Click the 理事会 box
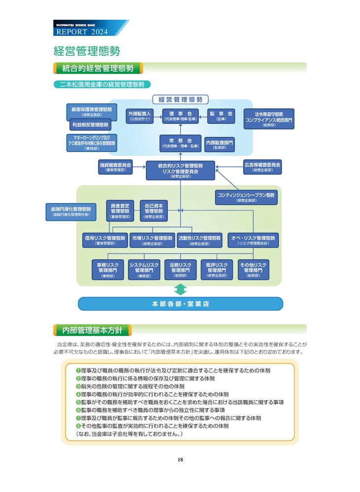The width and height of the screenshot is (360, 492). [180, 116]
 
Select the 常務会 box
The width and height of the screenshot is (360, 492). [180, 143]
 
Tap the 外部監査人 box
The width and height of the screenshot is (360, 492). [139, 116]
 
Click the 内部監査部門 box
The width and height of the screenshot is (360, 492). [220, 143]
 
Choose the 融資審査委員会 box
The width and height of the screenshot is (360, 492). [115, 167]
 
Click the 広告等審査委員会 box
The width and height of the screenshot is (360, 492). [262, 167]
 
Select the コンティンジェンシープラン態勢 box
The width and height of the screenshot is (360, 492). [246, 197]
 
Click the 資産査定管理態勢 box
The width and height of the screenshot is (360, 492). [120, 211]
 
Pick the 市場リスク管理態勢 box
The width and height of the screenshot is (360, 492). [152, 240]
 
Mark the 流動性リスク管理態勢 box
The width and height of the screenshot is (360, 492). [199, 240]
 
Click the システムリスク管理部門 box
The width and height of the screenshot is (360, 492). [144, 270]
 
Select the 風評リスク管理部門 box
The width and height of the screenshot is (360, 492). [217, 270]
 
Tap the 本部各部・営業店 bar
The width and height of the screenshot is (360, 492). [180, 304]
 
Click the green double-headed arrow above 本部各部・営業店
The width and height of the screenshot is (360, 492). [180, 289]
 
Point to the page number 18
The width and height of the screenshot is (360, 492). [180, 460]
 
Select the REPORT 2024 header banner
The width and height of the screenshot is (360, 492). [89, 30]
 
